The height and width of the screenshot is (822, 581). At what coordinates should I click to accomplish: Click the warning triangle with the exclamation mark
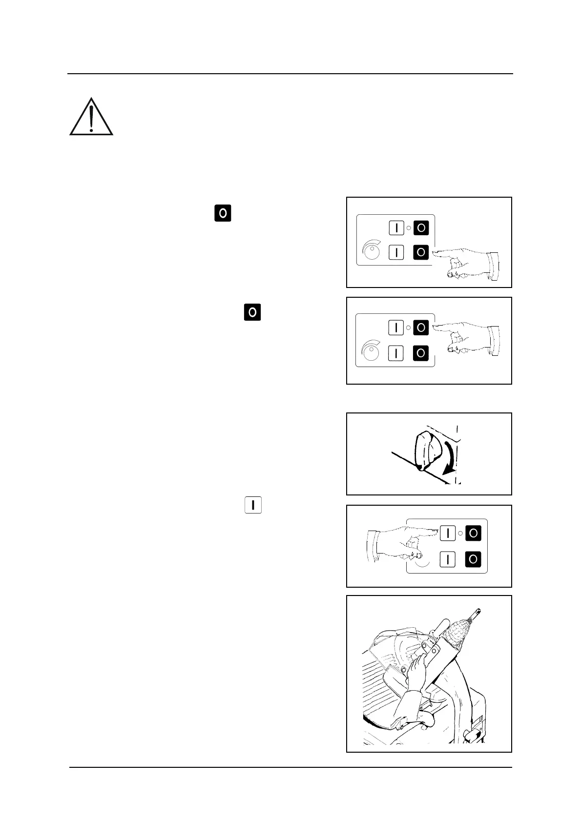click(91, 118)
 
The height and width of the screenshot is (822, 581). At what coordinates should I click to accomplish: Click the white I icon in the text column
click(253, 505)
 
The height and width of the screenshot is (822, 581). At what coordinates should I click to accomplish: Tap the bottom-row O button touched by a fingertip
click(421, 252)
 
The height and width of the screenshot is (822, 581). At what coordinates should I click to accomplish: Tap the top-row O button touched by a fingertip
click(421, 328)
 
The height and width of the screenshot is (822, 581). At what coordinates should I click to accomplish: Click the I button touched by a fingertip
click(448, 534)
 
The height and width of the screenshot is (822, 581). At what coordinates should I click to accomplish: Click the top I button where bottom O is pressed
click(396, 227)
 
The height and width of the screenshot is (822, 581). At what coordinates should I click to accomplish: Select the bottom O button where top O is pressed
click(421, 353)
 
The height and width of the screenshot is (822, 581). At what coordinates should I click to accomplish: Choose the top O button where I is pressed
click(473, 534)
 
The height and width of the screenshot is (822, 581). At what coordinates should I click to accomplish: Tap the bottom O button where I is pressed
click(473, 559)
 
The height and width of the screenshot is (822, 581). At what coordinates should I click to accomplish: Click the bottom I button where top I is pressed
click(448, 559)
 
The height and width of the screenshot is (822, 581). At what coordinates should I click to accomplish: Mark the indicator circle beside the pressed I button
click(460, 534)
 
